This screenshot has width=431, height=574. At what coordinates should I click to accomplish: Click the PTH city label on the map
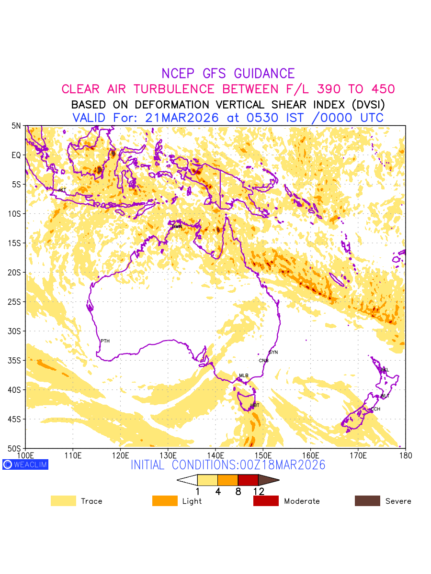pos(105,341)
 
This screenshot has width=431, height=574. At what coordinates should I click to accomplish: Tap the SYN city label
pos(273,353)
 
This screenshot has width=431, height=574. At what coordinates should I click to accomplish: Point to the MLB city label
pos(244,375)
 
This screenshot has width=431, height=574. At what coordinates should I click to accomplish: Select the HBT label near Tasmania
pos(255,405)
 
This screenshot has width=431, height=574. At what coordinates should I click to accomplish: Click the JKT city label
pos(62,190)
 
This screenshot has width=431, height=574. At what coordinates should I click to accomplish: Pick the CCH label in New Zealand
pos(375,409)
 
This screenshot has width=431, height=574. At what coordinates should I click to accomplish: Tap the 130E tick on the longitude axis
pos(168,455)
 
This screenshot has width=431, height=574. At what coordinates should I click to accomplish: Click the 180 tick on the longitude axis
pos(406,455)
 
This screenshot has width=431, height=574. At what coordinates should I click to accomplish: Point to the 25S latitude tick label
pos(15,302)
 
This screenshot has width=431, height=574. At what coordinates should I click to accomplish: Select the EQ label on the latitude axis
pos(16,155)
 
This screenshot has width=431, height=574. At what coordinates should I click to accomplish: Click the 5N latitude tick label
pos(16,126)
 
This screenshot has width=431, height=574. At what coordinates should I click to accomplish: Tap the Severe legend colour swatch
pos(367,501)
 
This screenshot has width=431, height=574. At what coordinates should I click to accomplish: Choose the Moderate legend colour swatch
pos(266,501)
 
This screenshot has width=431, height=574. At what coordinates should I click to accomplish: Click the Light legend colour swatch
pos(165,501)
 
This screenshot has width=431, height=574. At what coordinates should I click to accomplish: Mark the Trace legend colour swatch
pos(63,501)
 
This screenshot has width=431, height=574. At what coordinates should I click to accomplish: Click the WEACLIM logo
pos(25,464)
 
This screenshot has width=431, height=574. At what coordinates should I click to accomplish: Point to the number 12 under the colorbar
pos(259,491)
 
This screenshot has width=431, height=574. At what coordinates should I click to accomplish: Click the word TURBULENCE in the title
pos(177,89)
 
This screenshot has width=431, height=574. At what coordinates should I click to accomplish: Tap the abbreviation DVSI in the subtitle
pos(366,104)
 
